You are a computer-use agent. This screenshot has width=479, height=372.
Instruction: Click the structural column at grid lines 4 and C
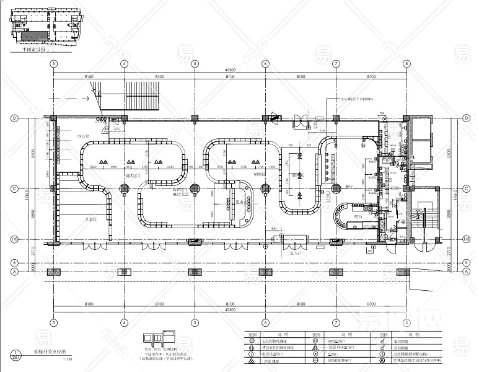[x=125, y=188]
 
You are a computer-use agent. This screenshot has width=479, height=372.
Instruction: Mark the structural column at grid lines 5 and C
[x=195, y=188]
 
